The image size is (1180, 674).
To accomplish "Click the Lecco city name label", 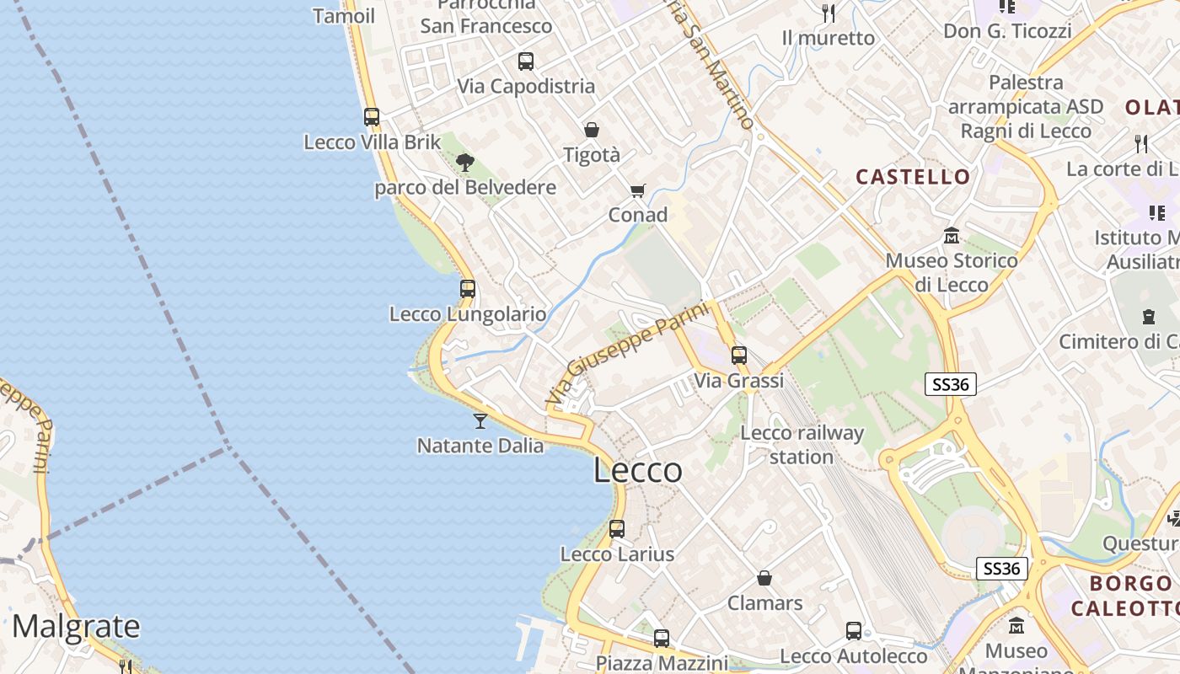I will pyautogui.click(x=638, y=470).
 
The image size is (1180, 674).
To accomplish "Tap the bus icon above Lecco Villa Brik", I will pyautogui.click(x=372, y=117).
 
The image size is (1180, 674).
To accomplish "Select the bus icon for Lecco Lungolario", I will pyautogui.click(x=468, y=289).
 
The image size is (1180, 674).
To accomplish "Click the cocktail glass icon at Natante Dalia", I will pyautogui.click(x=480, y=420).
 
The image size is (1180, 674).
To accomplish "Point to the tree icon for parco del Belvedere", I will pyautogui.click(x=464, y=162).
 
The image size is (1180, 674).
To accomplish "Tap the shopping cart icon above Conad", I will pyautogui.click(x=638, y=190).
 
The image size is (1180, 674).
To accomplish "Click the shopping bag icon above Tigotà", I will pyautogui.click(x=592, y=130).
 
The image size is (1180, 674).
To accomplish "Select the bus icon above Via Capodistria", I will pyautogui.click(x=526, y=62).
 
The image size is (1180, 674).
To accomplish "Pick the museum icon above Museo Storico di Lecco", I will pyautogui.click(x=952, y=235).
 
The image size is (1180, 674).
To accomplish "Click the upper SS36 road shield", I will pyautogui.click(x=951, y=385).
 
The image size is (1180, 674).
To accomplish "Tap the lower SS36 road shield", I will pyautogui.click(x=1002, y=569).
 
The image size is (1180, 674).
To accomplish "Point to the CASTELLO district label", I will pyautogui.click(x=913, y=177).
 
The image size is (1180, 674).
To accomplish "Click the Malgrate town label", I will pyautogui.click(x=76, y=627).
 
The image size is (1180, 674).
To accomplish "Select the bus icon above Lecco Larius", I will pyautogui.click(x=617, y=529).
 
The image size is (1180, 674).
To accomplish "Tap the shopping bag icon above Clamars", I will pyautogui.click(x=764, y=578).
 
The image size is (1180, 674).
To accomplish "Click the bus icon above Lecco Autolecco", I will pyautogui.click(x=854, y=631).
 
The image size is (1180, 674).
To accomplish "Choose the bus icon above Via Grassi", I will pyautogui.click(x=739, y=356).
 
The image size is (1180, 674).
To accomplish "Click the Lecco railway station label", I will pyautogui.click(x=802, y=445).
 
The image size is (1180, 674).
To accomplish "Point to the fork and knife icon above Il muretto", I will pyautogui.click(x=829, y=13).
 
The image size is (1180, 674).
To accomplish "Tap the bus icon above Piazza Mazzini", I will pyautogui.click(x=662, y=639).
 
